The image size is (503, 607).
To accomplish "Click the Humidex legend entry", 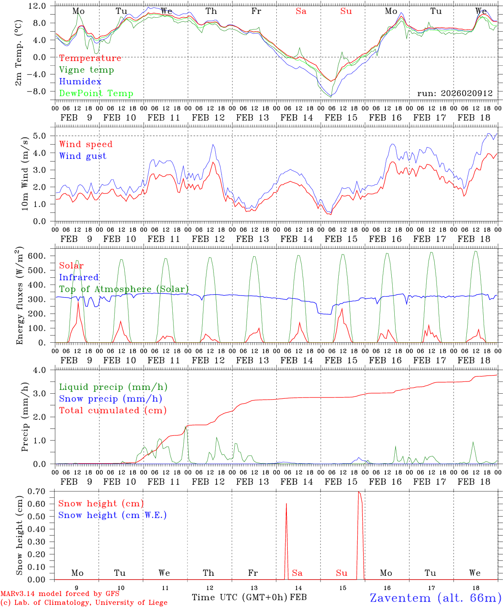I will pyautogui.click(x=80, y=81).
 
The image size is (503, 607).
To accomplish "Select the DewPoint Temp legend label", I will pyautogui.click(x=96, y=93).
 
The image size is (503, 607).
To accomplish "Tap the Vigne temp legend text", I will pyautogui.click(x=86, y=70).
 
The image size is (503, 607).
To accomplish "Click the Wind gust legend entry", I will pyautogui.click(x=83, y=156).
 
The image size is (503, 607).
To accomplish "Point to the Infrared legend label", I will pyautogui.click(x=79, y=277).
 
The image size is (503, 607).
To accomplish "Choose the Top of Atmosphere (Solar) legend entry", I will pyautogui.click(x=124, y=289).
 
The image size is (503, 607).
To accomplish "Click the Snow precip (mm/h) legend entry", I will pyautogui.click(x=110, y=399).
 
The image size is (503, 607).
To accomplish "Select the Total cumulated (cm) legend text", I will pyautogui.click(x=112, y=410).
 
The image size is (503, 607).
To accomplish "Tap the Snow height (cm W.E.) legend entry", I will pyautogui.click(x=112, y=515).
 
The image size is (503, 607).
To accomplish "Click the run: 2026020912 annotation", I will pyautogui.click(x=455, y=93).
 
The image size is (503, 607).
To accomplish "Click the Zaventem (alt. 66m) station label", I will pyautogui.click(x=435, y=598).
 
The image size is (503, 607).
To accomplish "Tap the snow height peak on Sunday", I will pyautogui.click(x=359, y=492).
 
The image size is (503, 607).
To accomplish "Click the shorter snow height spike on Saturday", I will pyautogui.click(x=286, y=504).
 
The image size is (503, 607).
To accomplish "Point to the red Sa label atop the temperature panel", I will pyautogui.click(x=301, y=11).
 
